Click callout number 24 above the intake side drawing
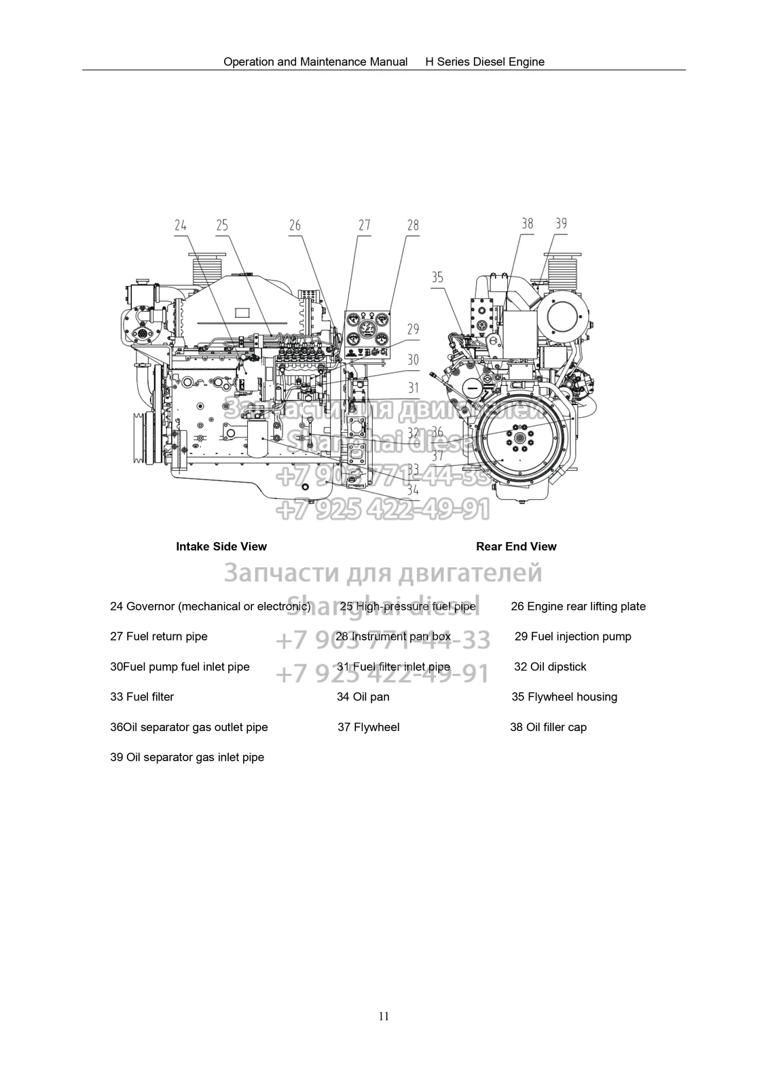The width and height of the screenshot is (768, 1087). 181,226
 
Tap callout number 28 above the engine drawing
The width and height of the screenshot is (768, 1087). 413,226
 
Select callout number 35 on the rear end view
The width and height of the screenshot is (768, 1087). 437,277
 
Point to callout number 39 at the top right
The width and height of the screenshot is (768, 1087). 561,224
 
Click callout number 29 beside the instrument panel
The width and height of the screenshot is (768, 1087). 413,329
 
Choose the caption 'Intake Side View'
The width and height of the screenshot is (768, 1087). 221,546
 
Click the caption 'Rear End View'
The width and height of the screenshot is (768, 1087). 516,546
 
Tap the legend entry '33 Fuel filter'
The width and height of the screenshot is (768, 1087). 142,696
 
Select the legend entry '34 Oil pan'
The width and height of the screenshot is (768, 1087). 363,696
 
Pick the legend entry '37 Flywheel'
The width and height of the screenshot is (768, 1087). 369,727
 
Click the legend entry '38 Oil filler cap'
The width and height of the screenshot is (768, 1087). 548,727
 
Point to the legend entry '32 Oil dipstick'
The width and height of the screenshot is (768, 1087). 550,666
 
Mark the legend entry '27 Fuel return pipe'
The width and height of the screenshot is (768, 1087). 159,637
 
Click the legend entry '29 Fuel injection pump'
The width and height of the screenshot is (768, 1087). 573,637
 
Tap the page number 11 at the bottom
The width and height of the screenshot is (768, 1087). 384,1016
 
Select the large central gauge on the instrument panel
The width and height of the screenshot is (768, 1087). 369,329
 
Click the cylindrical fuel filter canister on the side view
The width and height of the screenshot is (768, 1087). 257,438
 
